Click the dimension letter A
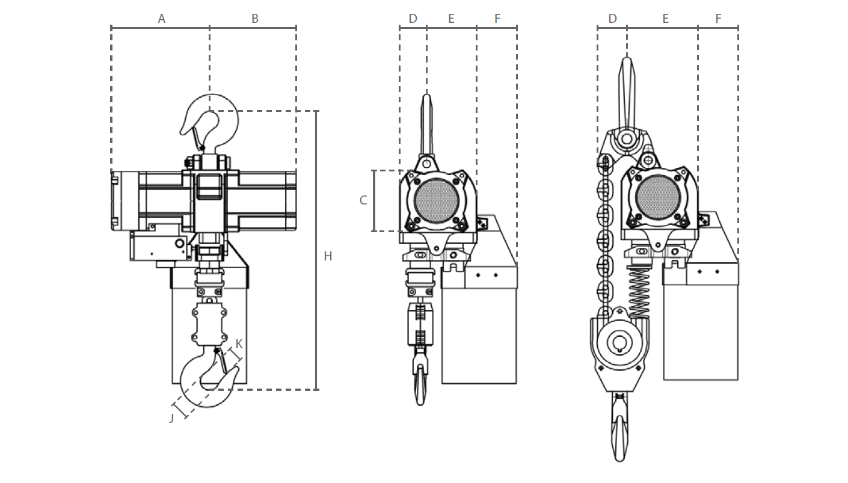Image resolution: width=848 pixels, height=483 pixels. coord(161,19)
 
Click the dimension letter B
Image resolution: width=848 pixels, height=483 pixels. coord(254,19)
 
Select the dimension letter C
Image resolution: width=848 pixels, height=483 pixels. coord(363,200)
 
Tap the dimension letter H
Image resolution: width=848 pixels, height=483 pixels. coord(328,256)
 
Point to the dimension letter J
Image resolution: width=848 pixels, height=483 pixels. coord(171,417)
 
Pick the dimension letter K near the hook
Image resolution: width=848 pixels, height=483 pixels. coord(239,344)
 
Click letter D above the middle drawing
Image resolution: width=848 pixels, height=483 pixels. coord(413,19)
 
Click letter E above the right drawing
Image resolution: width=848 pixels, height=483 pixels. coord(665,19)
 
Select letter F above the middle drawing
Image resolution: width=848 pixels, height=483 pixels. coord(497,19)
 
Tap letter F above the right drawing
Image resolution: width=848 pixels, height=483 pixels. coord(718,19)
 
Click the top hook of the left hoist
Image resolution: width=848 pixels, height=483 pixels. coord(210,120)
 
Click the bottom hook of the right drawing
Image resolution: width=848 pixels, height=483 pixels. coord(619,430)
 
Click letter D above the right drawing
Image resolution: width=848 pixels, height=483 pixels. coord(612,19)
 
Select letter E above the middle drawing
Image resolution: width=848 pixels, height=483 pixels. coord(451,19)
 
